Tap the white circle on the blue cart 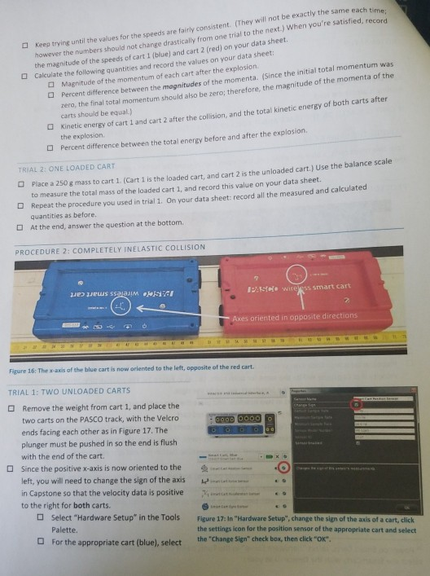click(120, 306)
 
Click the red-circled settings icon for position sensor click(283, 468)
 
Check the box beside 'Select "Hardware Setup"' click(40, 518)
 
